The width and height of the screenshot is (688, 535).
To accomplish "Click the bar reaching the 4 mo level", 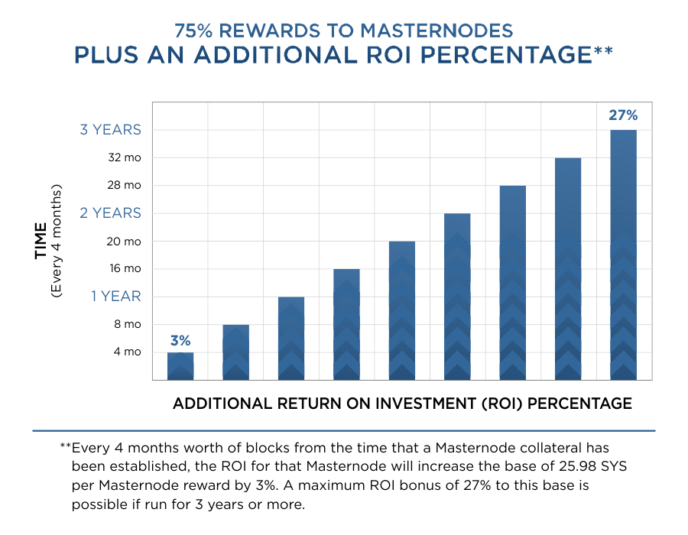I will coord(180,366).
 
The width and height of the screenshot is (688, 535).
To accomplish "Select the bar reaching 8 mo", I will coord(235,352).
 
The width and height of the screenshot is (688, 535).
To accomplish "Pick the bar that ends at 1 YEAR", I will coord(291,339).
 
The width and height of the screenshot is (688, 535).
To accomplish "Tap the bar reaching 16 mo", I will coord(346,325).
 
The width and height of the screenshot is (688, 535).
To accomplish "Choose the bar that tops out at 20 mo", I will coord(402,311).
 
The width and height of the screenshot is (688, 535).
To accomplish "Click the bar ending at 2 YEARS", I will coord(457,297).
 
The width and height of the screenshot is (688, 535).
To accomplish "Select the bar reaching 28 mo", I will coord(512,283).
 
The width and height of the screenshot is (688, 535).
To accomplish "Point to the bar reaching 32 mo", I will coord(568,269).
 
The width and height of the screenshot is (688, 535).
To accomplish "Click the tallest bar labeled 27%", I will coord(623,255).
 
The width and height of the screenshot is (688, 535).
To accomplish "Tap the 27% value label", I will coord(623,115).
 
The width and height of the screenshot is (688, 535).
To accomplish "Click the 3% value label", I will coord(180,340).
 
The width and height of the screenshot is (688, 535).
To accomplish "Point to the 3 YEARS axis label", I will coord(111,130).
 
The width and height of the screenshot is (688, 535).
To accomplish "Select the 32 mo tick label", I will coord(125,158).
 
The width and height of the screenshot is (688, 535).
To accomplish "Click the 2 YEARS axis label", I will coord(111,213).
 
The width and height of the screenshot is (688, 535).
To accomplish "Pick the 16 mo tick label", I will coord(125,269).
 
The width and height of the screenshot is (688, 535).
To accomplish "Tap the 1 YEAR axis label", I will coord(116,297).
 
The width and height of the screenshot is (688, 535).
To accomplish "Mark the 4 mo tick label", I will coord(128,352).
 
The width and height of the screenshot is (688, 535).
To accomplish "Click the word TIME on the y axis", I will coord(41,241).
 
